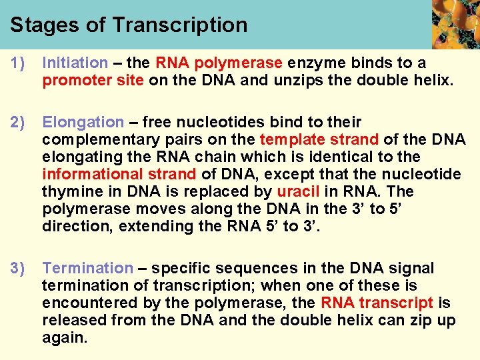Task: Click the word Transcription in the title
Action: [x=180, y=25]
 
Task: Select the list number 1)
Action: [x=17, y=63]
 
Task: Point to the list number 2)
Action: [x=17, y=123]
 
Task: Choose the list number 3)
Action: [x=17, y=269]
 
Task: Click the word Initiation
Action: [x=75, y=63]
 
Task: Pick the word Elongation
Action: [x=83, y=123]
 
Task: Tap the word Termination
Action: [x=87, y=269]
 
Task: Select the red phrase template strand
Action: [x=319, y=139]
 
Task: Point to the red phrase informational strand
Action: [x=119, y=174]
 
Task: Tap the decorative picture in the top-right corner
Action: [x=456, y=25]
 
